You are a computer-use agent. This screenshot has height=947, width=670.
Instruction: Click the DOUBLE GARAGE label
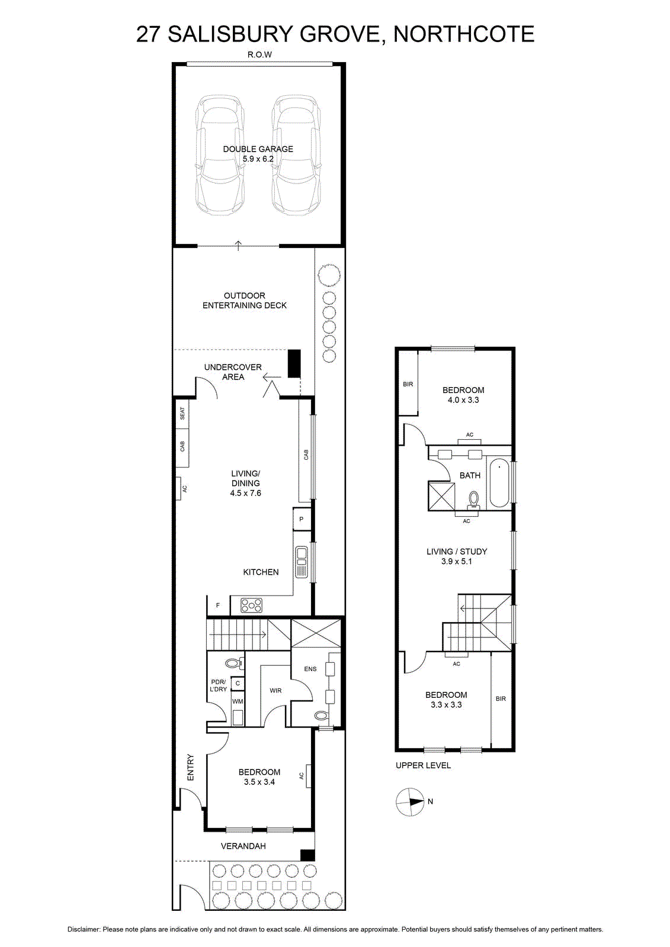pos(258,149)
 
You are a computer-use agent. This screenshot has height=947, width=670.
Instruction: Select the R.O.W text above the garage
pos(259,54)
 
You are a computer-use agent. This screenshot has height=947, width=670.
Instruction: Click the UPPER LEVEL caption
pos(423,765)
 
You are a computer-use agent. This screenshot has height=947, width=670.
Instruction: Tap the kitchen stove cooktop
pos(251,605)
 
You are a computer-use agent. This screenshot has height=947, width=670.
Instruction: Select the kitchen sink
pos(302,562)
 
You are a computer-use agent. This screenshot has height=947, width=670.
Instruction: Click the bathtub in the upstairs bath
pos(499,484)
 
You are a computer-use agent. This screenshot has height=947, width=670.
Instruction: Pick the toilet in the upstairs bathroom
pos(473,500)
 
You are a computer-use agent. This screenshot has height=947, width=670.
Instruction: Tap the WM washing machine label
pos(238,701)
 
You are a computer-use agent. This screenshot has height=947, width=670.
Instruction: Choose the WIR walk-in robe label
pos(275,690)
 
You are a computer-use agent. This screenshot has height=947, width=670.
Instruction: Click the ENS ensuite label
pos(310,669)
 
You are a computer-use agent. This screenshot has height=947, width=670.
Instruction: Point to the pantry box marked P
pos(302,519)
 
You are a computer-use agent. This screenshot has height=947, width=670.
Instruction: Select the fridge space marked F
pos(218,605)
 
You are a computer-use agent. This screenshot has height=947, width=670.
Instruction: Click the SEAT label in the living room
pos(182,413)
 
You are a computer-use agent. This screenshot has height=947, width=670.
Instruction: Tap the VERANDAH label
pos(243,846)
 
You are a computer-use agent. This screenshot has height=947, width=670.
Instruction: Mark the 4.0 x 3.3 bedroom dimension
pos(463,400)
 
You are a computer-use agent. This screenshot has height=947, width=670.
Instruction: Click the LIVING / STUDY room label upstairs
pos(457,551)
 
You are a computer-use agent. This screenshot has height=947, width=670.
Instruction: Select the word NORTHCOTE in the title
pos(464,34)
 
